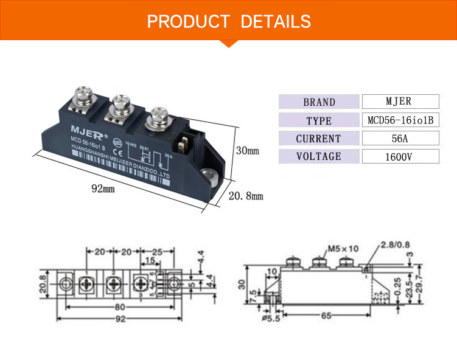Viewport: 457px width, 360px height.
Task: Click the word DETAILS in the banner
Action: tap(276, 22)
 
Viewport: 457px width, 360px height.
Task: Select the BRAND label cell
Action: tap(319, 102)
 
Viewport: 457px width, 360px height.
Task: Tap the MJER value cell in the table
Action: tap(400, 102)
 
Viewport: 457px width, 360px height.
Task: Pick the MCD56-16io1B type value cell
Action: tap(400, 120)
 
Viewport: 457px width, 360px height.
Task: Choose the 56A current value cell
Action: tap(400, 138)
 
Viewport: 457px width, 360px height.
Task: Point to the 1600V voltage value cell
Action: tap(400, 157)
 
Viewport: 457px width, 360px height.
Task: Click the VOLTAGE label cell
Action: tap(319, 156)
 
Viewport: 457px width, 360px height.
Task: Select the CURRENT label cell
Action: tap(319, 139)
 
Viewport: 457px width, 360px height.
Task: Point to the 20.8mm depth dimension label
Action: tap(246, 196)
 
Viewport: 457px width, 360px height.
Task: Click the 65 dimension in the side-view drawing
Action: tap(327, 315)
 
